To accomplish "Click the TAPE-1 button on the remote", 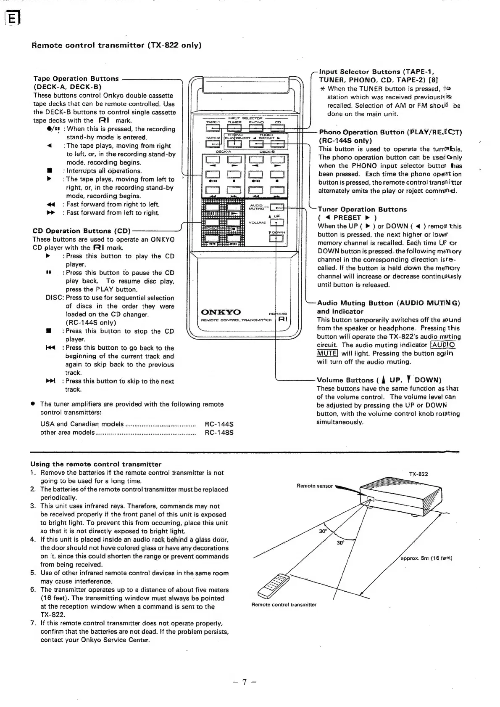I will point(212,128).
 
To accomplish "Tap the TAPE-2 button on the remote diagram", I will point(212,144).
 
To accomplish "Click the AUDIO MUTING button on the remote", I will point(277,207).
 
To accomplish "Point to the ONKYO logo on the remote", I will point(221,312).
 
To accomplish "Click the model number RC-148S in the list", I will point(218,432).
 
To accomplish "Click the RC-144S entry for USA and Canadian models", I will point(218,424).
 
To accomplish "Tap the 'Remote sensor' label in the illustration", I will point(314,486).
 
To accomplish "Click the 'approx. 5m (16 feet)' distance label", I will point(426,558).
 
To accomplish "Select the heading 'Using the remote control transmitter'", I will point(96,464).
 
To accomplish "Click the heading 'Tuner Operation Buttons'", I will point(362,209).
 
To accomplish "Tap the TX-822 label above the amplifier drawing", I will point(418,474).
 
